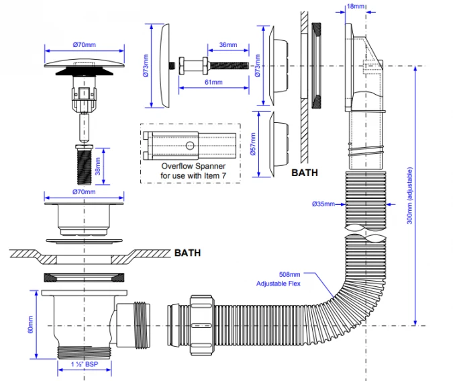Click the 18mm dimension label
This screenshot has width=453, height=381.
(356, 6)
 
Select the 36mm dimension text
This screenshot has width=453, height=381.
(228, 45)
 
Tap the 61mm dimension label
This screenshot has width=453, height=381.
(213, 82)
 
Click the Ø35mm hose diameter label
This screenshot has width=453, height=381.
(323, 204)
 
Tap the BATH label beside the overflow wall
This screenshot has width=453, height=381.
(305, 172)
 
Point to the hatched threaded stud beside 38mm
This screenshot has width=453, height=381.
(85, 164)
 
